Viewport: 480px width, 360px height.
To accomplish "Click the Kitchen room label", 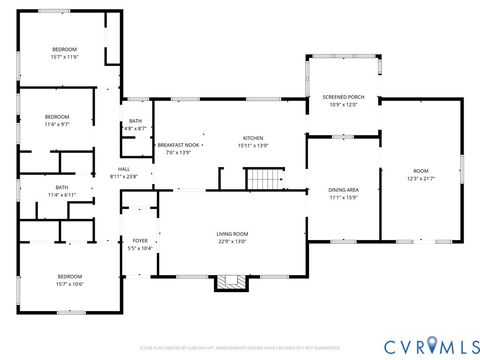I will click(x=252, y=138).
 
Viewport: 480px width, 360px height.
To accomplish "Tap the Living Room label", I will click(x=232, y=234).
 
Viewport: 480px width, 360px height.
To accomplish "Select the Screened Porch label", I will click(x=343, y=97).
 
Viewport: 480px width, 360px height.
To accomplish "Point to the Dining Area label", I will click(x=344, y=189).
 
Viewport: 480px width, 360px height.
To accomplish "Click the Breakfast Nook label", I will click(x=176, y=145).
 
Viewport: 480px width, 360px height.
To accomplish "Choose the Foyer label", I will click(x=140, y=241).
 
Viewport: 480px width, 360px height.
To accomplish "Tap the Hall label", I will click(x=124, y=169).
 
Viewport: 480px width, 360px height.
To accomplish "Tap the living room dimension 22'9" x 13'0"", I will click(x=232, y=241).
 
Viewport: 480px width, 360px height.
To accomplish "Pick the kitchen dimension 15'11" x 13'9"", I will click(x=252, y=145).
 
